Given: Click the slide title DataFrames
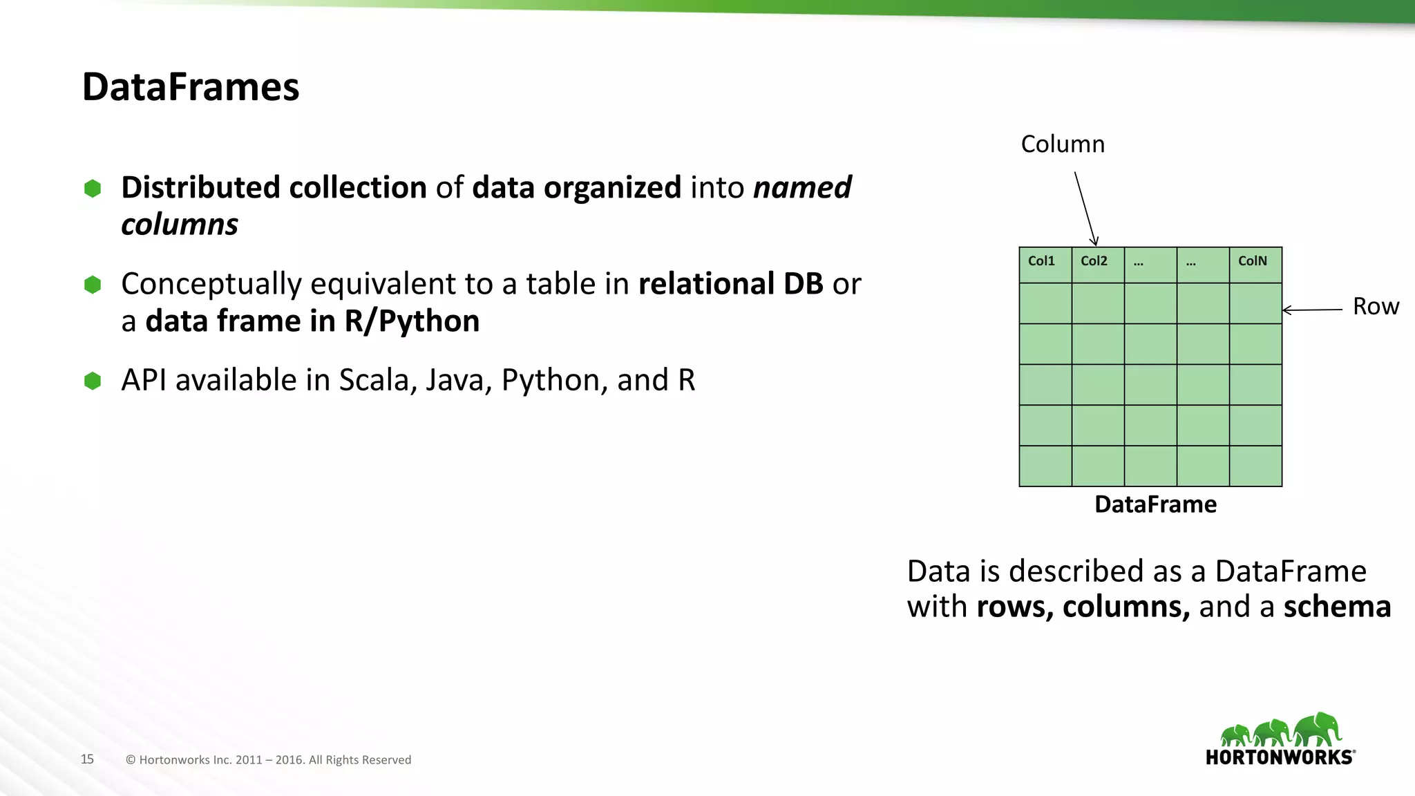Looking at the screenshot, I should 191,87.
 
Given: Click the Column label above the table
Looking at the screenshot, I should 1063,144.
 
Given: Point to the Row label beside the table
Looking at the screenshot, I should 1376,306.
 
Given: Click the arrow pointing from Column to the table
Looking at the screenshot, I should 1085,208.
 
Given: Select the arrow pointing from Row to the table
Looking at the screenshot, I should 1312,310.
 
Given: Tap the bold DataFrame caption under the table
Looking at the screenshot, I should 1155,504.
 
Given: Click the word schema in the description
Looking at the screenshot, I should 1337,607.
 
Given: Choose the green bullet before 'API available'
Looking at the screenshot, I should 93,381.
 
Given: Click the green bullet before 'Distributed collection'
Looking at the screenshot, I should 93,188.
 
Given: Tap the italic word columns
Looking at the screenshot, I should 180,225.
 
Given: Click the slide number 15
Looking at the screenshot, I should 87,759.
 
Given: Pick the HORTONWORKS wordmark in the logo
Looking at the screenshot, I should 1280,757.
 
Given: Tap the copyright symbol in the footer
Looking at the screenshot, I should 131,760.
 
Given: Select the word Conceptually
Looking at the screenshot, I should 211,284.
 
